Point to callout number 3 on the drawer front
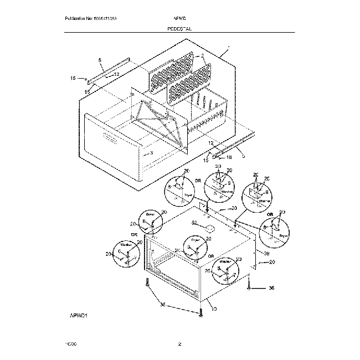click(151, 153)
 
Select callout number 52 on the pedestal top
click(194, 223)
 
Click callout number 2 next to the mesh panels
click(203, 56)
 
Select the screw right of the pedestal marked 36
click(250, 286)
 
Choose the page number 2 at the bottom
click(180, 344)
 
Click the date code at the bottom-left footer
click(71, 344)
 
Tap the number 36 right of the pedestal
click(271, 288)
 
